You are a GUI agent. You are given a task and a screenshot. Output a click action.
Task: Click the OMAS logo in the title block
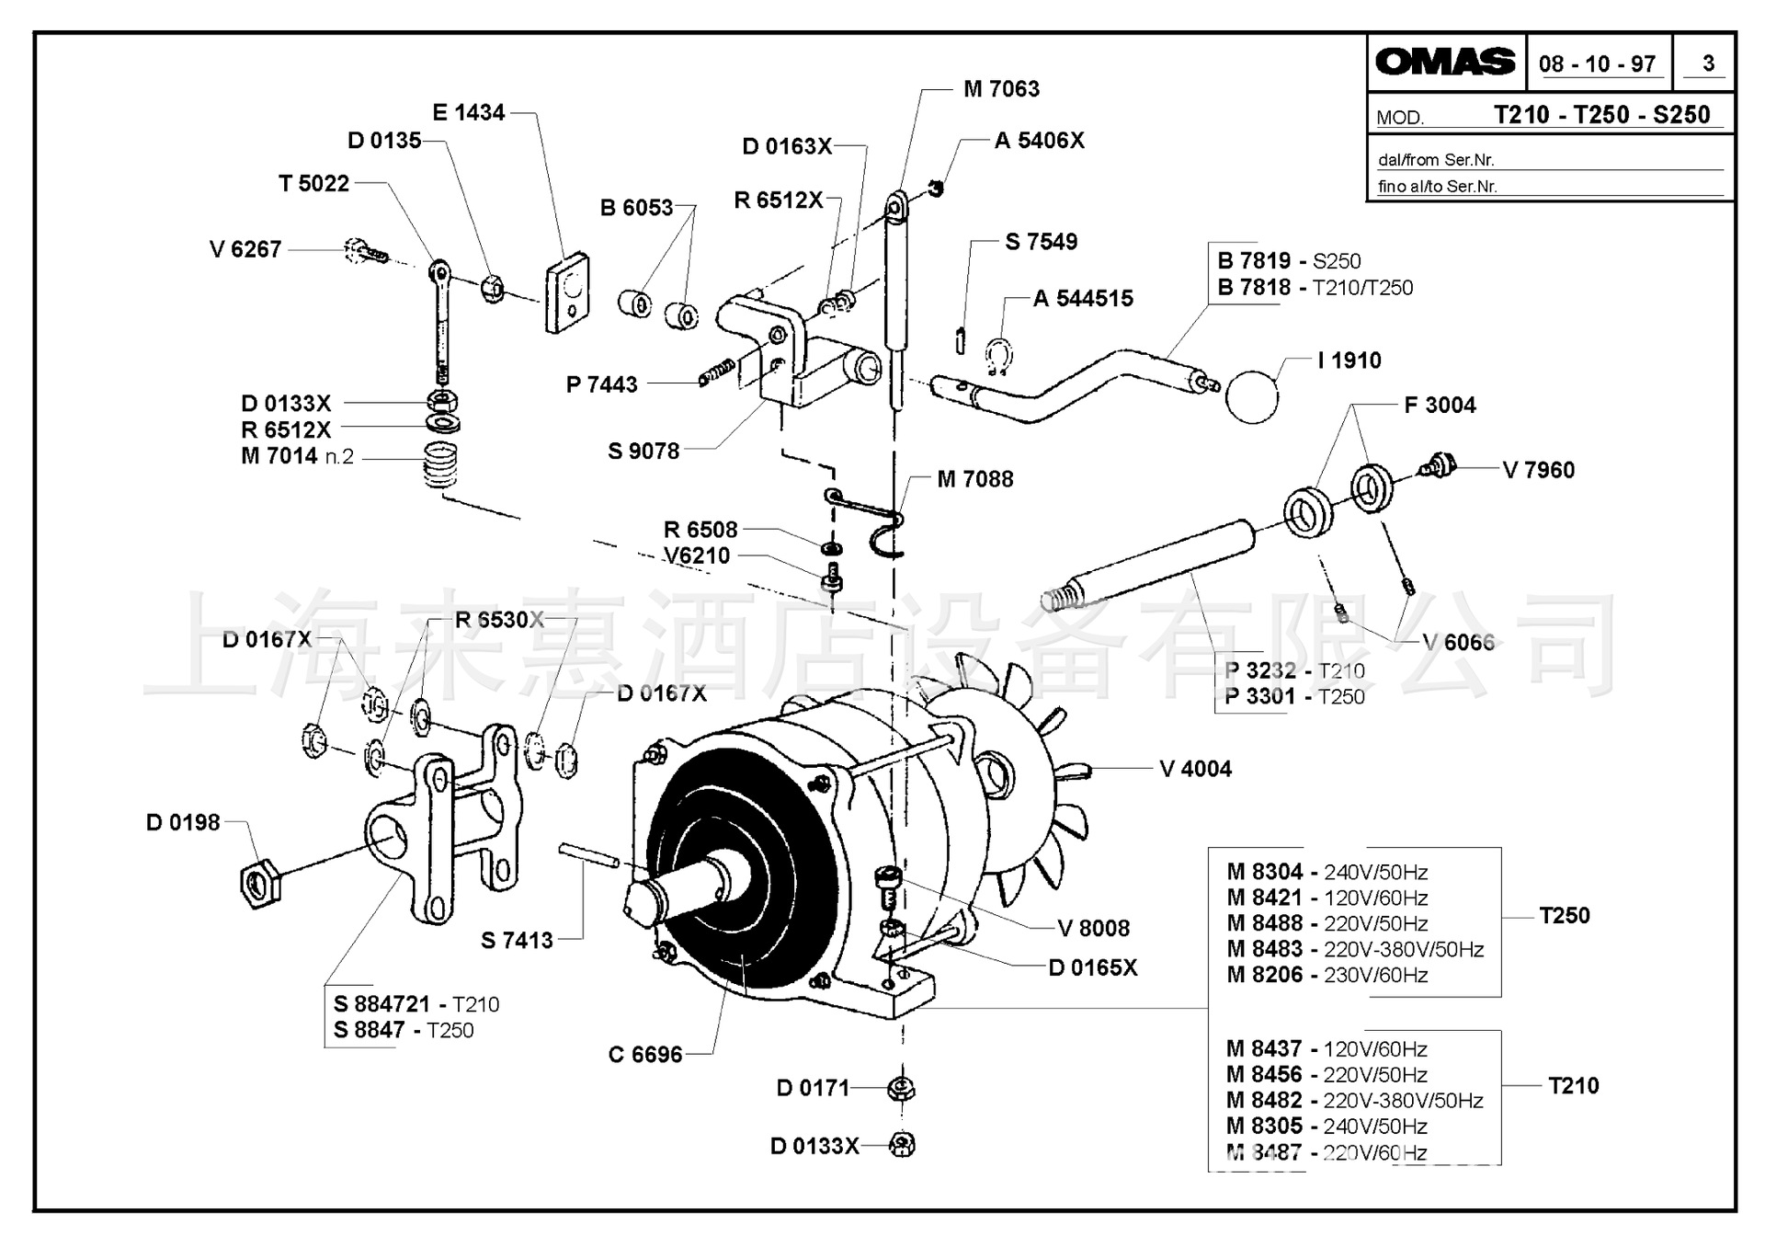tap(1445, 62)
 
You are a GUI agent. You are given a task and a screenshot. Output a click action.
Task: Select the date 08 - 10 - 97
tap(1597, 63)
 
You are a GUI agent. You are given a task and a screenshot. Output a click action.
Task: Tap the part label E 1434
tap(469, 112)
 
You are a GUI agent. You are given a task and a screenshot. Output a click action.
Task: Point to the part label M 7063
tap(1001, 89)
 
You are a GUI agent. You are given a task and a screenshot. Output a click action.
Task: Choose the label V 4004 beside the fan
tap(1195, 769)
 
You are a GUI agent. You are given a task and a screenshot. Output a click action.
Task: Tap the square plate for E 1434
tap(567, 291)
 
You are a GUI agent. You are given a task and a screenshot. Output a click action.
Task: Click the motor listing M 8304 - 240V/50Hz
tap(1327, 872)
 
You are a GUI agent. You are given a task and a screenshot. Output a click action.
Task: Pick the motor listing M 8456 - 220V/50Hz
tap(1326, 1074)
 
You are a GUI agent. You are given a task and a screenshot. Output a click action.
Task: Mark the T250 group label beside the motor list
tap(1564, 915)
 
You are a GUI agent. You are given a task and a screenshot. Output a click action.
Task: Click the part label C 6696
tap(645, 1055)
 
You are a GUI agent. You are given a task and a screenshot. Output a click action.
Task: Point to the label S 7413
tap(517, 940)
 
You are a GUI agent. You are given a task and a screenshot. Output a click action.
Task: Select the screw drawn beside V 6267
tap(366, 250)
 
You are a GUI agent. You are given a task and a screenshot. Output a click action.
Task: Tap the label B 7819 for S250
tap(1289, 261)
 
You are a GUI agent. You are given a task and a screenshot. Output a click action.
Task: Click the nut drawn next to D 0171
tap(901, 1090)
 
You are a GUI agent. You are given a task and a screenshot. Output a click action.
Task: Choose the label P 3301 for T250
tap(1294, 696)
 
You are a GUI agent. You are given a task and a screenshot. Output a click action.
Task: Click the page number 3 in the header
tap(1708, 63)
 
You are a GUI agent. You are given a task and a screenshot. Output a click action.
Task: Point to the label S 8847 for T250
tap(404, 1030)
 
